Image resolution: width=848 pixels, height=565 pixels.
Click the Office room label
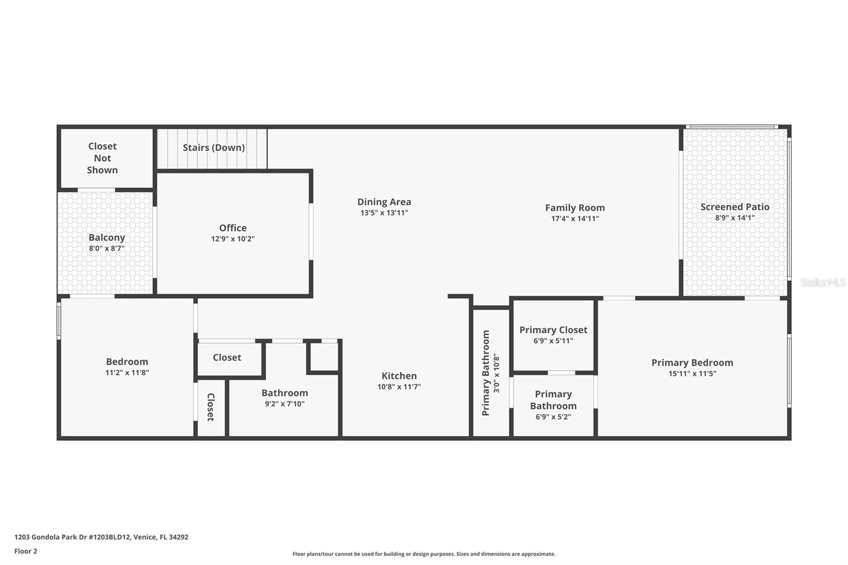pos(233,228)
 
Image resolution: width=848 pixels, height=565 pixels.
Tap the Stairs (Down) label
pos(214,148)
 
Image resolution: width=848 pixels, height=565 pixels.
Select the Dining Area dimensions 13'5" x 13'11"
pos(384,213)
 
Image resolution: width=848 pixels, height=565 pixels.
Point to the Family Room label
pos(575,208)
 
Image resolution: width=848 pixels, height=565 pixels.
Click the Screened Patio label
pos(735,207)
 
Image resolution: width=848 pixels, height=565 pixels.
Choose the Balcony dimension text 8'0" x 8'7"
pos(107,249)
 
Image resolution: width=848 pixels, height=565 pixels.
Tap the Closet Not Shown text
pos(102,158)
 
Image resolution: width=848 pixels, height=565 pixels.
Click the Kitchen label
pos(399,376)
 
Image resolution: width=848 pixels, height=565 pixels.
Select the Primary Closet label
pos(553,330)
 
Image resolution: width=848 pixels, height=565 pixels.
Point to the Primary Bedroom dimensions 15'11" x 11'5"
pos(692,373)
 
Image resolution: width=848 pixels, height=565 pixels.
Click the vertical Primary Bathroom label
pos(485,373)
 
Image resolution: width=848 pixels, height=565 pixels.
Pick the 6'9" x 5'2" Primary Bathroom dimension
pos(553,417)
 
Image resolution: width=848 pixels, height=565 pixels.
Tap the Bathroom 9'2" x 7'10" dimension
pos(285,404)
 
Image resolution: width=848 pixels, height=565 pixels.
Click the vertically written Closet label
pos(211,407)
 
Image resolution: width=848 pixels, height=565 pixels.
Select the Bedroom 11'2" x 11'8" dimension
pos(127,373)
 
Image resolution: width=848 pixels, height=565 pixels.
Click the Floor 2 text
pos(26,551)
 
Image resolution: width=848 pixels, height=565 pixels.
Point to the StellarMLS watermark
pos(823,282)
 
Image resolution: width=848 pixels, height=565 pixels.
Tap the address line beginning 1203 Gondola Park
pos(101,537)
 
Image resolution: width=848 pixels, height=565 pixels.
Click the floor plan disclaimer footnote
pos(424,554)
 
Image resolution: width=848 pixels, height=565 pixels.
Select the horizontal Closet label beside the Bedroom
pos(227,357)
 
